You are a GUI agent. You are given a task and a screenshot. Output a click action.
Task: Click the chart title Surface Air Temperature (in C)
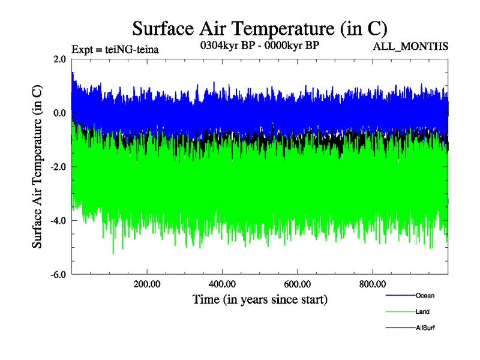260,28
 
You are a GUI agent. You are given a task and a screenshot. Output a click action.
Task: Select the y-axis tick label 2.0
59,59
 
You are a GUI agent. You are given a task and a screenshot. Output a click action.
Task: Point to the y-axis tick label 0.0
59,113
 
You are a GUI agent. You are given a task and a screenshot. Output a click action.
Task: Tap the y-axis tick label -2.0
58,167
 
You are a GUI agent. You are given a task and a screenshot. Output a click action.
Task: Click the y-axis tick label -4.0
58,221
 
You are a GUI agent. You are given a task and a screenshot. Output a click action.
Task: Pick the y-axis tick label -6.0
58,275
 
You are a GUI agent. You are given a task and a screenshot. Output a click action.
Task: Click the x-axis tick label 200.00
146,284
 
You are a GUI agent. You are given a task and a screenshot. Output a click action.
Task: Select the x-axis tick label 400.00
221,284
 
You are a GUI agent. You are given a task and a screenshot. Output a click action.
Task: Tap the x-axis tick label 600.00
297,284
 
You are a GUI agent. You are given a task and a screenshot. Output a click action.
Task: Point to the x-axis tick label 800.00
372,284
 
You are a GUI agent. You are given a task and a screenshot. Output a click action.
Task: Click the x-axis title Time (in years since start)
260,298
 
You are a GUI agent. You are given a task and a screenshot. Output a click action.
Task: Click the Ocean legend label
425,295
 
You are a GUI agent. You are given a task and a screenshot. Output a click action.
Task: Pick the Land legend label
422,311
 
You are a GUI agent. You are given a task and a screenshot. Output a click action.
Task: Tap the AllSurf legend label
425,328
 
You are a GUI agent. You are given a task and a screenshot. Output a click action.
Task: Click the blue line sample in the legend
399,296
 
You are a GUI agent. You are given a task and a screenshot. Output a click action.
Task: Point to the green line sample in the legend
399,312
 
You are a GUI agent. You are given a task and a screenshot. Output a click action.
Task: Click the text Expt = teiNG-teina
115,50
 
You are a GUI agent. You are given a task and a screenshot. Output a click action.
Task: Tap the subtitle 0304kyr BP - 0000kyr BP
259,45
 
